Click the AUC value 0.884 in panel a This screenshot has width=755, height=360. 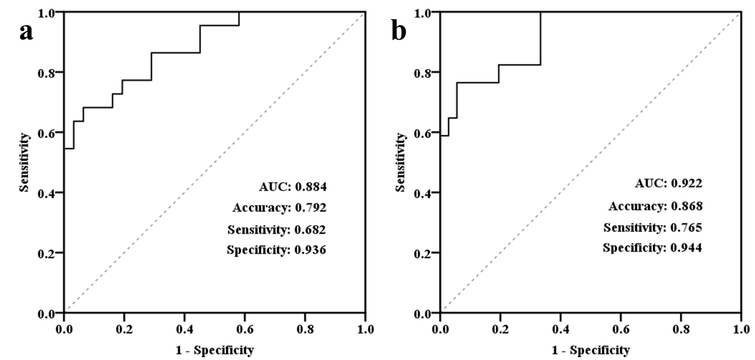pyautogui.click(x=311, y=187)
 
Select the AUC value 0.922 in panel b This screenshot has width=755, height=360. pyautogui.click(x=686, y=184)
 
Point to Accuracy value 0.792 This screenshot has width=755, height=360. pyautogui.click(x=311, y=208)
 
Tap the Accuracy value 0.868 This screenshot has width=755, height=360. pyautogui.click(x=686, y=206)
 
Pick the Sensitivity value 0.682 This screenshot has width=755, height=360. pyautogui.click(x=310, y=230)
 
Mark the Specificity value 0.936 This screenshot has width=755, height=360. pyautogui.click(x=310, y=250)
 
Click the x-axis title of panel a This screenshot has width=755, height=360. pyautogui.click(x=215, y=350)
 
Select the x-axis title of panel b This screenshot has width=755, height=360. pyautogui.click(x=590, y=350)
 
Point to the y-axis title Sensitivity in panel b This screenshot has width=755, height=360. pyautogui.click(x=400, y=162)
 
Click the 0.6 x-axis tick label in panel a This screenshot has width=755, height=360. pyautogui.click(x=245, y=329)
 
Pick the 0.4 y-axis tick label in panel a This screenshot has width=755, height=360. pyautogui.click(x=46, y=193)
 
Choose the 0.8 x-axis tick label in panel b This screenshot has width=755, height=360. pyautogui.click(x=681, y=329)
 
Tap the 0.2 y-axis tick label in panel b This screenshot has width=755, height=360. pyautogui.click(x=422, y=253)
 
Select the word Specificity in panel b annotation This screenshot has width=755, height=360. pyautogui.click(x=632, y=247)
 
